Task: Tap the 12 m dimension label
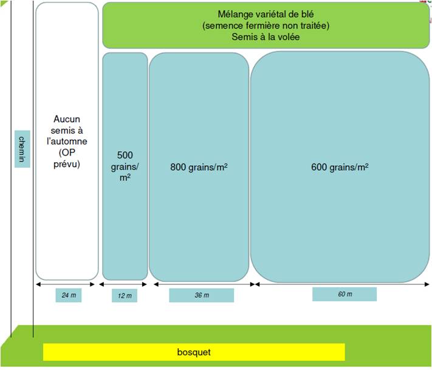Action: tap(124, 296)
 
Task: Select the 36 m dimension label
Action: tap(201, 295)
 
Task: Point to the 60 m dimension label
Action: tap(344, 294)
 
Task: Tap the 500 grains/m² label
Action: tap(125, 165)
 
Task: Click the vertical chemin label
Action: tap(21, 149)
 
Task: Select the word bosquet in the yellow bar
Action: tap(194, 352)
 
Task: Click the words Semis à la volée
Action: tap(266, 37)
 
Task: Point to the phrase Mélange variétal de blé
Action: tap(266, 14)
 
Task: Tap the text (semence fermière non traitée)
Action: tap(266, 26)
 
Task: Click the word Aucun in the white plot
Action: tap(66, 120)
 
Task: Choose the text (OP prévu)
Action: tap(66, 158)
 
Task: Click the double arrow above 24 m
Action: tap(67, 284)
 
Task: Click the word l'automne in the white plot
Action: tap(66, 142)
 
